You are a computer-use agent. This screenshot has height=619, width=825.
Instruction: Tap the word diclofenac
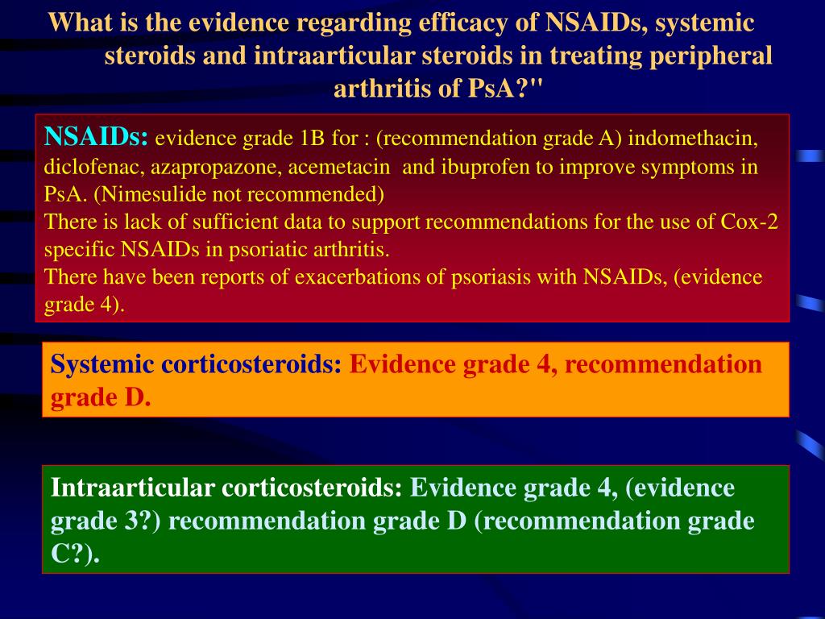84,168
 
